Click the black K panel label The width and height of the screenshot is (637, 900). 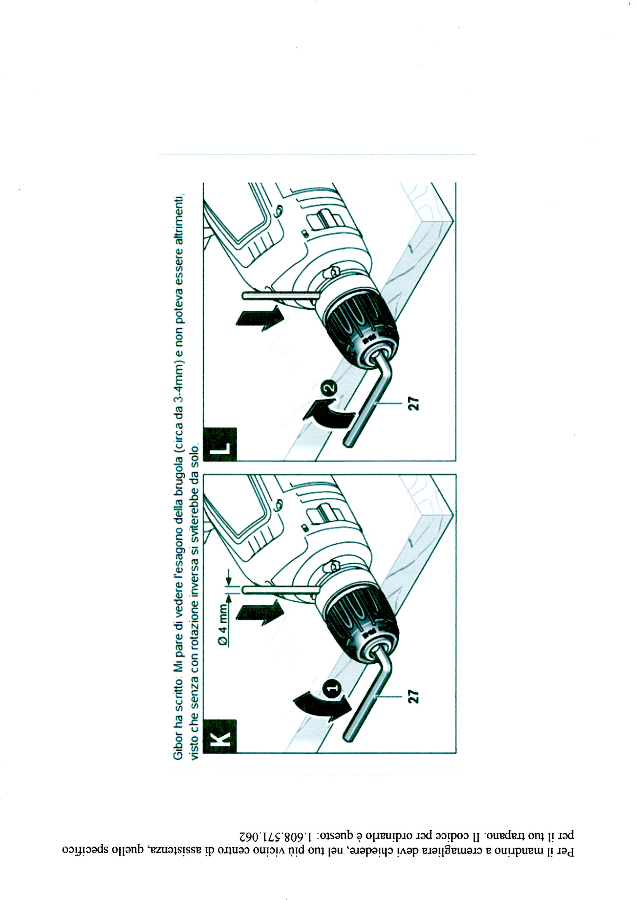220,736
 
